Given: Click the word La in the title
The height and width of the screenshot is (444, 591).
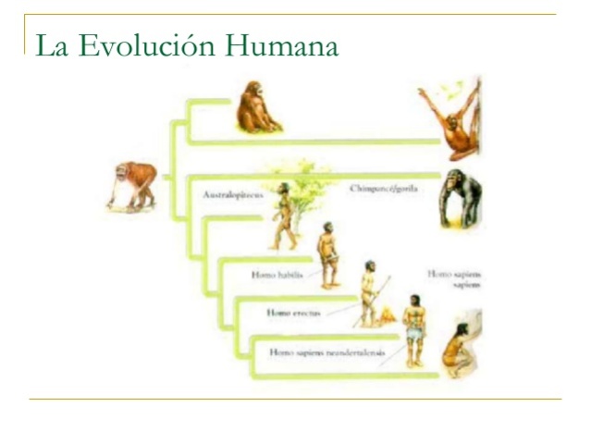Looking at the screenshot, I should click(x=52, y=45).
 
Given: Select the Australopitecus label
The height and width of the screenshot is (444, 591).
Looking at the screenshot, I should click(x=233, y=195).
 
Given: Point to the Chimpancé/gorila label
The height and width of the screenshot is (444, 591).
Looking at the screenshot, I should click(x=384, y=189).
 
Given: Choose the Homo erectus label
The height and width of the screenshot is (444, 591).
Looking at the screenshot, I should click(x=292, y=313).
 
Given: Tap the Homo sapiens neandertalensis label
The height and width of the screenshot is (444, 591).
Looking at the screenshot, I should click(x=326, y=351).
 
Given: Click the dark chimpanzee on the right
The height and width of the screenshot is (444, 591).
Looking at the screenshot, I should click(x=459, y=198).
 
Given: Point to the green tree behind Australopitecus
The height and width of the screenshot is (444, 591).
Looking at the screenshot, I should click(x=306, y=185).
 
